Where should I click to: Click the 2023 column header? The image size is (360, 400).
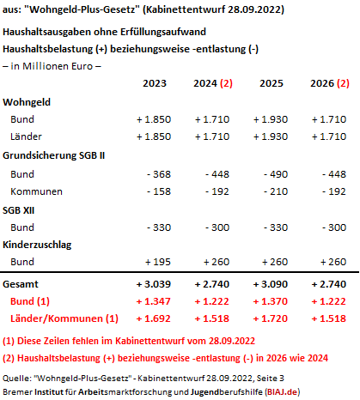(155, 83)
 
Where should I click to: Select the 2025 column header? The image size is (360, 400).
(272, 83)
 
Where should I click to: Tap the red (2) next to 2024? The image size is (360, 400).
(226, 83)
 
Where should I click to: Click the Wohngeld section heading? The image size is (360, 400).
(27, 102)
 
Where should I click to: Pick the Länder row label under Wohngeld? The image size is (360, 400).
(26, 136)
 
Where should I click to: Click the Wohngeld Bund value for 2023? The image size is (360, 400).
(154, 119)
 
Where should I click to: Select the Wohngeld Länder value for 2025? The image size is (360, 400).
(271, 136)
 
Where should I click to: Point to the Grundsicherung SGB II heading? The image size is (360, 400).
(54, 155)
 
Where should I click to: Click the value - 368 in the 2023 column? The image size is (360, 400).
(159, 174)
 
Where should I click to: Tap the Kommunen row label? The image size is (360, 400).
(36, 191)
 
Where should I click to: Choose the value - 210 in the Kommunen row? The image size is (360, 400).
(276, 191)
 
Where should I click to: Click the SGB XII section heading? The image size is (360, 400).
(19, 210)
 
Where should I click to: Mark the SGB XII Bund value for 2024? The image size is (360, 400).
(217, 227)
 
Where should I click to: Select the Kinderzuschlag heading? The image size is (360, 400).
(37, 245)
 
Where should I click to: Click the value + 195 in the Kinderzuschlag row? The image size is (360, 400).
(158, 262)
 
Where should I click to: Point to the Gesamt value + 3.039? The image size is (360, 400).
(154, 284)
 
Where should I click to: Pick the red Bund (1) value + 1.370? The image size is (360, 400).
(271, 301)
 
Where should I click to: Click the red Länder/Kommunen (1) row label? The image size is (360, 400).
(64, 318)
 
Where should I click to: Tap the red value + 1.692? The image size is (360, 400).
(154, 318)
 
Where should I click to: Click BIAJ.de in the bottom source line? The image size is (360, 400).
(283, 391)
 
